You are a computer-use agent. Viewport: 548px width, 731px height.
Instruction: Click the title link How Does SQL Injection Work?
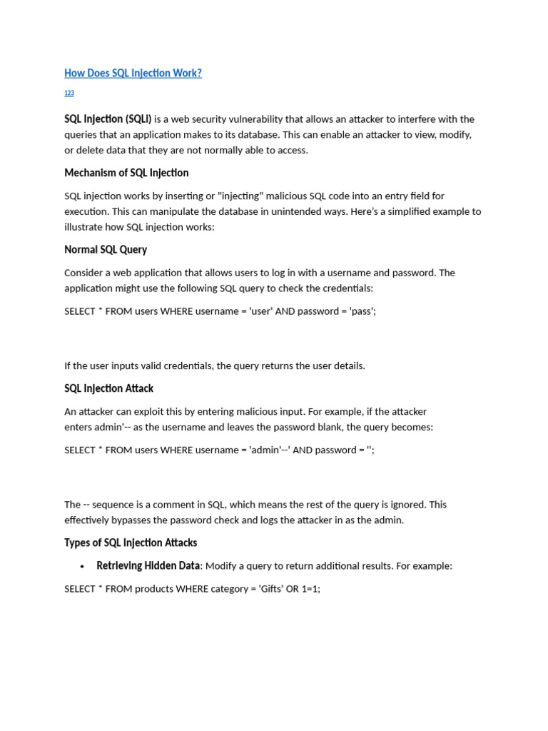tap(133, 73)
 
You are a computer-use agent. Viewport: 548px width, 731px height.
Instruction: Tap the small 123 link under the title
tap(69, 94)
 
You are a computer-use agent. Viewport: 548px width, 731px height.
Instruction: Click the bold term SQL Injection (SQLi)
tap(108, 119)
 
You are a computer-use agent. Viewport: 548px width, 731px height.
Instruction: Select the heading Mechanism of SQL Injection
tap(126, 173)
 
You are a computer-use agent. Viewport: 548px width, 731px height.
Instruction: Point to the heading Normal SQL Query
tap(106, 250)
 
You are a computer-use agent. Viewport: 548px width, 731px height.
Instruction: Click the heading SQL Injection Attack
tap(108, 388)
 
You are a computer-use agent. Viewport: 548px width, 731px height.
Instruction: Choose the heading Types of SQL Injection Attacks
tap(131, 543)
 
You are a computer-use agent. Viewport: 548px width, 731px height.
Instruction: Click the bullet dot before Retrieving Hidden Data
tap(82, 566)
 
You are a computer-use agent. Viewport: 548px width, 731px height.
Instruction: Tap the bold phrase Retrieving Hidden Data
tap(148, 565)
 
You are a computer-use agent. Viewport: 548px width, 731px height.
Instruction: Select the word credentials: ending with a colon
tap(350, 288)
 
